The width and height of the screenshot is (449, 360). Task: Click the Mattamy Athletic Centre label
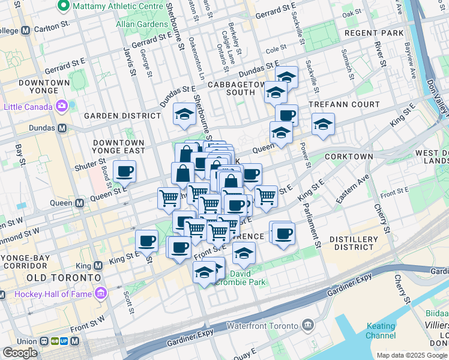point(118,6)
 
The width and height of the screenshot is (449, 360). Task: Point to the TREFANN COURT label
point(344,104)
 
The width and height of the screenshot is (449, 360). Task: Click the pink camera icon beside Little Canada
point(62,106)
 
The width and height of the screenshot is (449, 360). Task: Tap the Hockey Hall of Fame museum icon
point(100,293)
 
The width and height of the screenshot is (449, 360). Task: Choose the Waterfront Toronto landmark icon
point(309,325)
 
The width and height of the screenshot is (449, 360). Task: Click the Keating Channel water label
point(381,331)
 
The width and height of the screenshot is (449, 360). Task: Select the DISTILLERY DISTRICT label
point(355,243)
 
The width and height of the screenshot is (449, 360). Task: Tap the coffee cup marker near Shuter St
point(125,172)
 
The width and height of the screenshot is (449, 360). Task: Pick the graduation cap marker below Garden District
point(184,114)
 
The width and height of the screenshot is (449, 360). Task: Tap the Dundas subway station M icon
point(62,128)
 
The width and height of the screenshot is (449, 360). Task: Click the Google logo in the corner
point(20,352)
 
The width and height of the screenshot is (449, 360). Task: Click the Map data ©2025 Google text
point(412,355)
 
